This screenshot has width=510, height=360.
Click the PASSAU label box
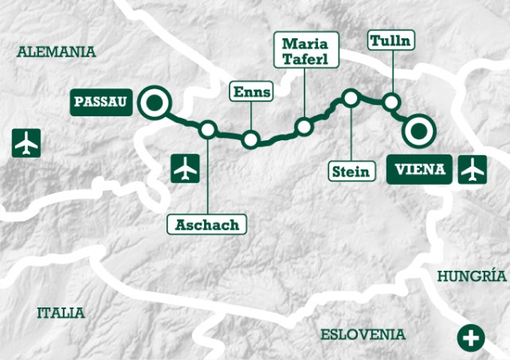pos(100,102)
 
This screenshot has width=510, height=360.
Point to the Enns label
pos(251,92)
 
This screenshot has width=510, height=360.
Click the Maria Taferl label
pos(306,49)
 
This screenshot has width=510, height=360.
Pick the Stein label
pos(351,170)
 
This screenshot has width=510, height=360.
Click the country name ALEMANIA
pos(56,52)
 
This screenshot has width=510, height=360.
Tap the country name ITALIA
pos(61,312)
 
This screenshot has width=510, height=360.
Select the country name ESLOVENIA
pos(363,335)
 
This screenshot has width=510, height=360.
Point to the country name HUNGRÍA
pos(472,276)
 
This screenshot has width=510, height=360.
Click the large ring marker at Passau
pos(152,103)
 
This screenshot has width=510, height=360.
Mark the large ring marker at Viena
pos(418,131)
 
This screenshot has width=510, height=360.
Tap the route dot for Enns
pos(251,140)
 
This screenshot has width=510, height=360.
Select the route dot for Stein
pos(350,98)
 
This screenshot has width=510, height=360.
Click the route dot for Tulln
pos(390,102)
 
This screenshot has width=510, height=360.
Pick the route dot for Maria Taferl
pos(304,127)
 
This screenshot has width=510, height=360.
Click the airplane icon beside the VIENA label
pos(473,170)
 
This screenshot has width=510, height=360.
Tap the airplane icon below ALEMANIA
pos(26,143)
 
